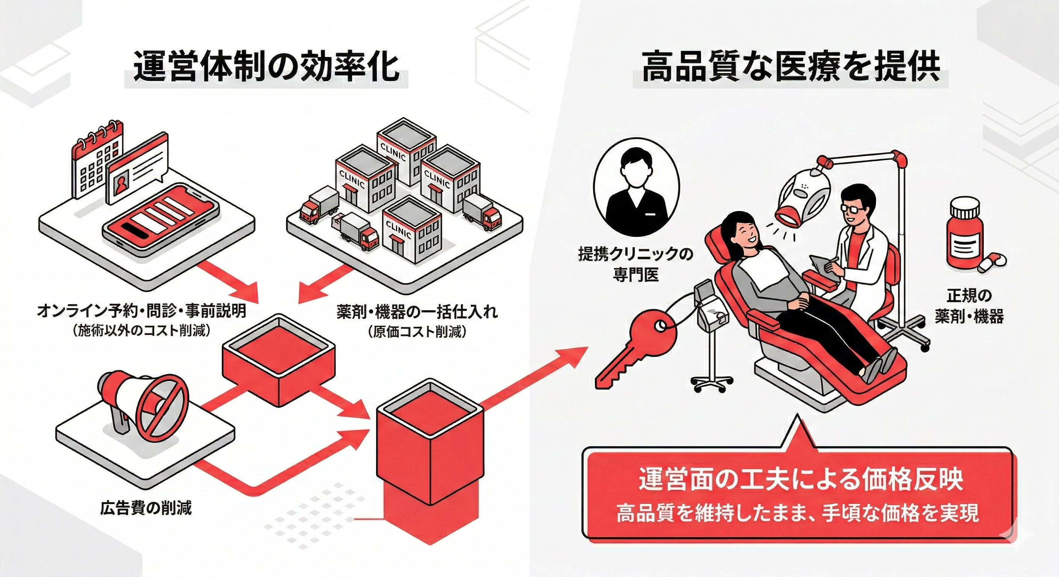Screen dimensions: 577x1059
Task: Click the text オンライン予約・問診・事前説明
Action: (x=141, y=311)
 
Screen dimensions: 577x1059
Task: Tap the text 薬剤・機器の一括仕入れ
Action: (x=417, y=311)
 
